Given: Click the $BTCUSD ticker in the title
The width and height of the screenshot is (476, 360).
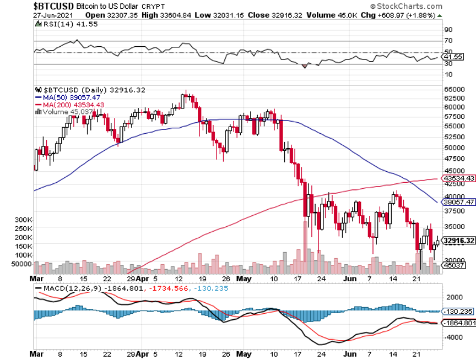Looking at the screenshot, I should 55,6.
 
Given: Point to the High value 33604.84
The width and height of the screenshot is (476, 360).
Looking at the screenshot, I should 165,15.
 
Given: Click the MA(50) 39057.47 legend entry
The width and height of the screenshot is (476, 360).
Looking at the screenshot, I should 65,97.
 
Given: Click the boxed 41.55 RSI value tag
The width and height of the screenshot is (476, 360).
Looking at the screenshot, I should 454,57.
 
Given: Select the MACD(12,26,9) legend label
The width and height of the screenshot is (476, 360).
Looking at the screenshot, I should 66,288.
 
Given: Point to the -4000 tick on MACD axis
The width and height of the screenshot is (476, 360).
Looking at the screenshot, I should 453,337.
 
